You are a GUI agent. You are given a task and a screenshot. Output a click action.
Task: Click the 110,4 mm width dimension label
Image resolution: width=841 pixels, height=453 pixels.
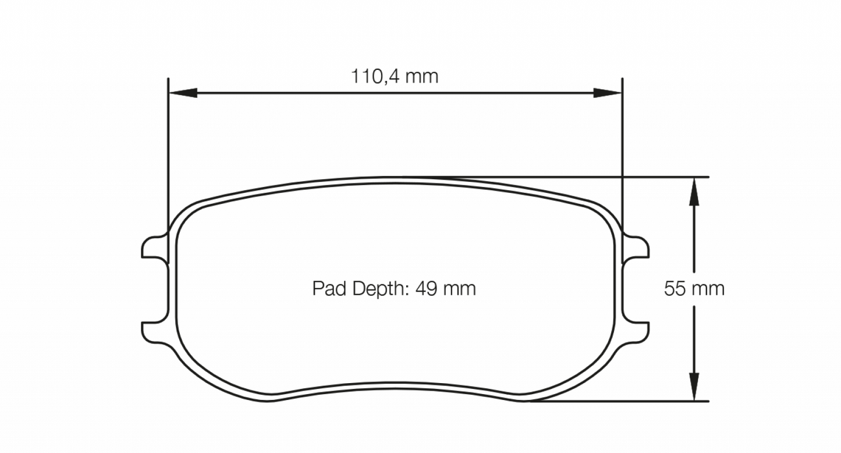click(394, 76)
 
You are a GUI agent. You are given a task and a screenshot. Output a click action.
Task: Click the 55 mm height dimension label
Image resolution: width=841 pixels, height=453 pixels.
click(694, 289)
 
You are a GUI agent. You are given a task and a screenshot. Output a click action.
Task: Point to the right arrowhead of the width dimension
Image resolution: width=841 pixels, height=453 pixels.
click(608, 93)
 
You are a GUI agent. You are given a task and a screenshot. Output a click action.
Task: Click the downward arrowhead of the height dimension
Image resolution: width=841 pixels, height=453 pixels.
click(693, 387)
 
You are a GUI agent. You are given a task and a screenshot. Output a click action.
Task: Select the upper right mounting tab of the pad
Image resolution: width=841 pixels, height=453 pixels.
click(638, 247)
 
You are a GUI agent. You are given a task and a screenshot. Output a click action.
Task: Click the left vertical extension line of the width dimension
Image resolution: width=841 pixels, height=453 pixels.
click(168, 151)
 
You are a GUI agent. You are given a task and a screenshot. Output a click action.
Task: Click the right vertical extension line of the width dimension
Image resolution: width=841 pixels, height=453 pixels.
click(622, 151)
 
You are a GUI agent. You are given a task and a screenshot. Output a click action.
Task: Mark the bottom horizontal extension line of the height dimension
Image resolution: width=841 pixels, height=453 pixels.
click(640, 401)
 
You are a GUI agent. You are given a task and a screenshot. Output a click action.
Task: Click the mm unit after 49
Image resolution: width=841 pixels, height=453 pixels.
click(460, 288)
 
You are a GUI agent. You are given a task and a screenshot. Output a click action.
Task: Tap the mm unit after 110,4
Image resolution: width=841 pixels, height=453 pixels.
click(422, 76)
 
